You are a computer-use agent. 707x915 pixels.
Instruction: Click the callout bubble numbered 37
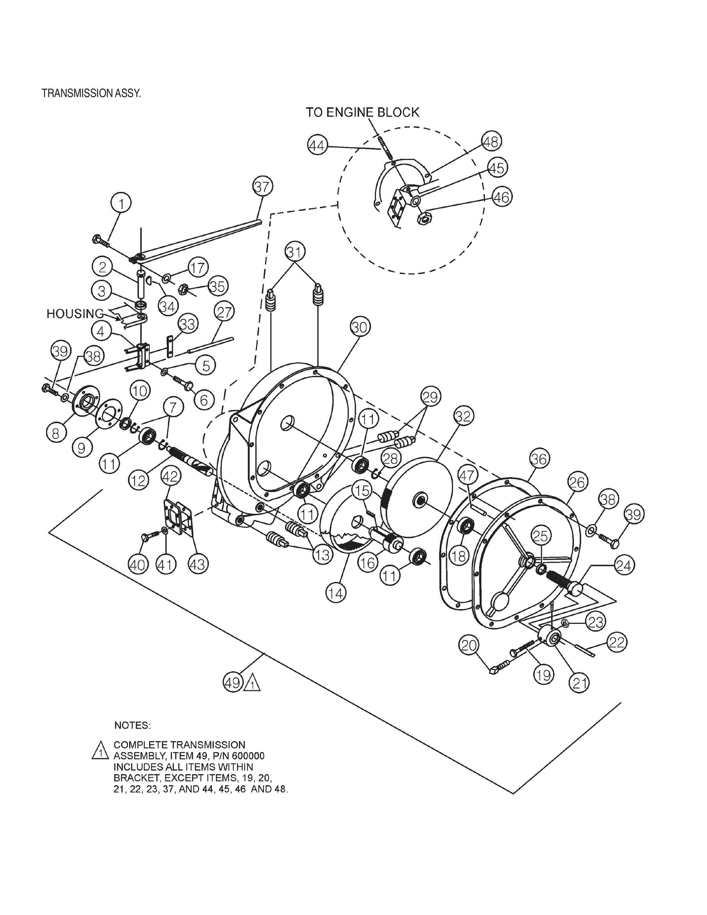262,187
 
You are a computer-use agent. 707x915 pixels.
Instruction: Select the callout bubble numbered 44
318,146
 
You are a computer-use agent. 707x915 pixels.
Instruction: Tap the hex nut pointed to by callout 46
424,218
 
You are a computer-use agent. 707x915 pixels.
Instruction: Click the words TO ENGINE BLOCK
363,112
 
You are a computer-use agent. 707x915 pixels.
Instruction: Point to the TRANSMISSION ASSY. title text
91,93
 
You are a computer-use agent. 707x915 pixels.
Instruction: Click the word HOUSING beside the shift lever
75,314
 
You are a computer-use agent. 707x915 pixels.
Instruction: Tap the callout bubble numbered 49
233,682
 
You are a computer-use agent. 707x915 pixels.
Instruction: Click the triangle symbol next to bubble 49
252,683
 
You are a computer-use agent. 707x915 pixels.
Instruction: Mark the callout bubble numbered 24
623,566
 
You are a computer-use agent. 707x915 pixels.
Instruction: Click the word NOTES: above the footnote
132,724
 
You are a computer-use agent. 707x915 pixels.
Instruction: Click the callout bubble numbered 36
539,459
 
